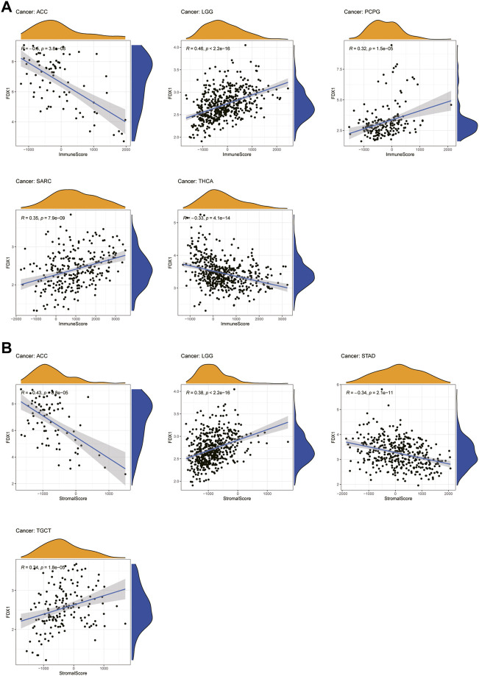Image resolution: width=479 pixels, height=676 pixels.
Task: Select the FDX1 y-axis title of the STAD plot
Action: click(336, 443)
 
